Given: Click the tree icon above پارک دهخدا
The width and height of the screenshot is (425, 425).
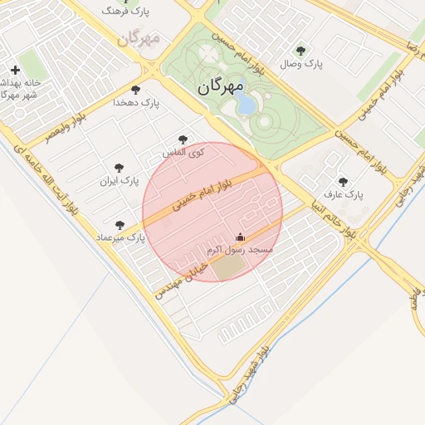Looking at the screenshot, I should [x=135, y=90].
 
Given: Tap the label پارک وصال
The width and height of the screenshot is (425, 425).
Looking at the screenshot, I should [x=300, y=63].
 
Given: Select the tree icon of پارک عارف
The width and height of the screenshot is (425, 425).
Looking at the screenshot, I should [x=343, y=182].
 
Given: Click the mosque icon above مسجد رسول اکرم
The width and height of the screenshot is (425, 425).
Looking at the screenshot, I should [x=241, y=237].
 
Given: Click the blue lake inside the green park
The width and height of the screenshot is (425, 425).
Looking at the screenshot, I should [x=246, y=105].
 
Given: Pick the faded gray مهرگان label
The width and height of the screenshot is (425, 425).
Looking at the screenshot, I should [x=138, y=37].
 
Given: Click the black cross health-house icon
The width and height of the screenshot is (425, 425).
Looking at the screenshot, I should [x=15, y=70].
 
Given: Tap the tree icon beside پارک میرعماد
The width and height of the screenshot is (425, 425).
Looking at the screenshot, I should [x=120, y=225].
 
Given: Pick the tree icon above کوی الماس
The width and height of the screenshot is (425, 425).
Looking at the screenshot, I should [x=183, y=139].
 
